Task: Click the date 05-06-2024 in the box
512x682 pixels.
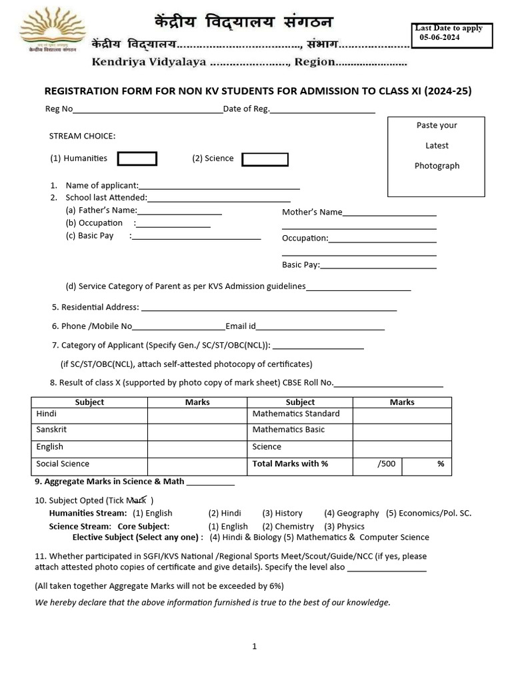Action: point(440,38)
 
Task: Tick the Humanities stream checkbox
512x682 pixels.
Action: point(137,159)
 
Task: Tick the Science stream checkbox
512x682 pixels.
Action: point(265,159)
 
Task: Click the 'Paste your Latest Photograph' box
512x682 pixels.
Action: point(437,156)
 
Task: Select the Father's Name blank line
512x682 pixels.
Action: point(179,212)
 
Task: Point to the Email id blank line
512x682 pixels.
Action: point(321,328)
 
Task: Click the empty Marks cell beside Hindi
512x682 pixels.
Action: point(197,415)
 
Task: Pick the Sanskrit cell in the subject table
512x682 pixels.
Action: point(89,431)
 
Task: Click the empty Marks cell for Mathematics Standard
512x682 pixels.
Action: point(402,415)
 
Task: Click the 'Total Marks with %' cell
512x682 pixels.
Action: point(299,465)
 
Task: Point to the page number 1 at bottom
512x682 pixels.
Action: point(254,646)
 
